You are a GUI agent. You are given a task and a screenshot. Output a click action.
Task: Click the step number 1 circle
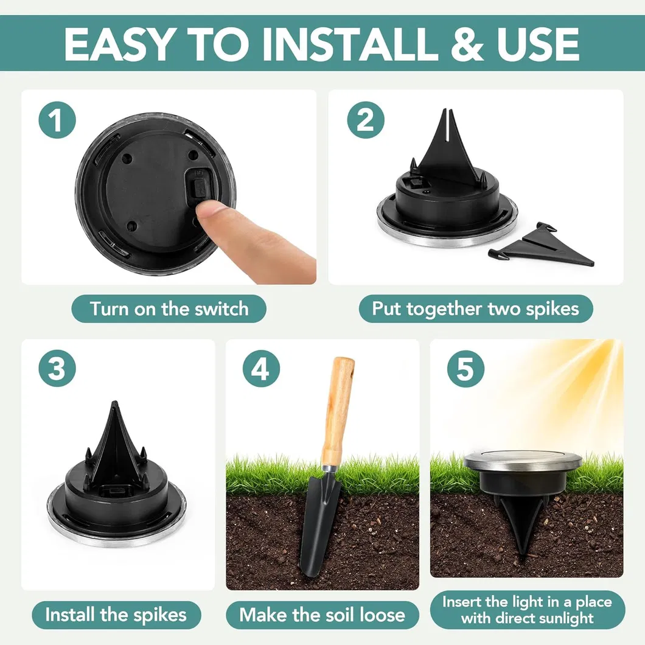[57, 120]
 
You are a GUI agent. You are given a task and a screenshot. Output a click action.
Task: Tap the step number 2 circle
[365, 120]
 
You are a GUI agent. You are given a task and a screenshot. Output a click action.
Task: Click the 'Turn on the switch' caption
[169, 309]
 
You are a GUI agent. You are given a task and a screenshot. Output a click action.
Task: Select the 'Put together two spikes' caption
[475, 309]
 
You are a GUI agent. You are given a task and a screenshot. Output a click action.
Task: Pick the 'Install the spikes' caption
[116, 615]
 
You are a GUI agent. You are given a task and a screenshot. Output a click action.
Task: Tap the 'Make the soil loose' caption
[322, 615]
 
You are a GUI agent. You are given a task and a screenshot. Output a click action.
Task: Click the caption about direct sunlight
[527, 610]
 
